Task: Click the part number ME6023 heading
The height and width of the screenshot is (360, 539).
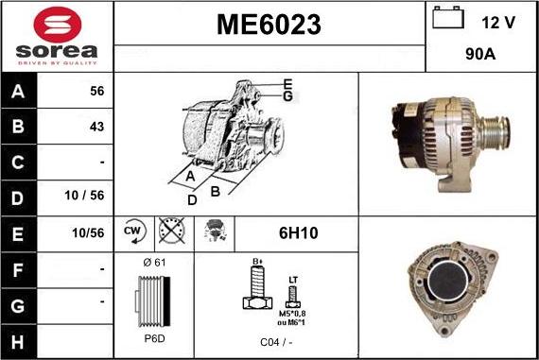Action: pyautogui.click(x=269, y=24)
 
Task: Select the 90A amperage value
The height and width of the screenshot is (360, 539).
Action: pyautogui.click(x=481, y=56)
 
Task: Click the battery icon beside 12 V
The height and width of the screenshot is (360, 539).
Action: pyautogui.click(x=446, y=19)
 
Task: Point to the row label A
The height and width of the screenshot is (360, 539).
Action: pyautogui.click(x=20, y=93)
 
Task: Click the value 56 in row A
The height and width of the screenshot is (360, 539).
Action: pyautogui.click(x=96, y=92)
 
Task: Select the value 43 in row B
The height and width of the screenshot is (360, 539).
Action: pyautogui.click(x=96, y=126)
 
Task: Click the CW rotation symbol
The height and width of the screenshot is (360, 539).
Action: pyautogui.click(x=132, y=230)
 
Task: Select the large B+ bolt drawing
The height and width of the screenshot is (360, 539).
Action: pyautogui.click(x=254, y=288)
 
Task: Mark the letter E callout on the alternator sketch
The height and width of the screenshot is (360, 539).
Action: pyautogui.click(x=287, y=83)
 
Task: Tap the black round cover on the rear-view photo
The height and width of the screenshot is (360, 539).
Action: pyautogui.click(x=450, y=294)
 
